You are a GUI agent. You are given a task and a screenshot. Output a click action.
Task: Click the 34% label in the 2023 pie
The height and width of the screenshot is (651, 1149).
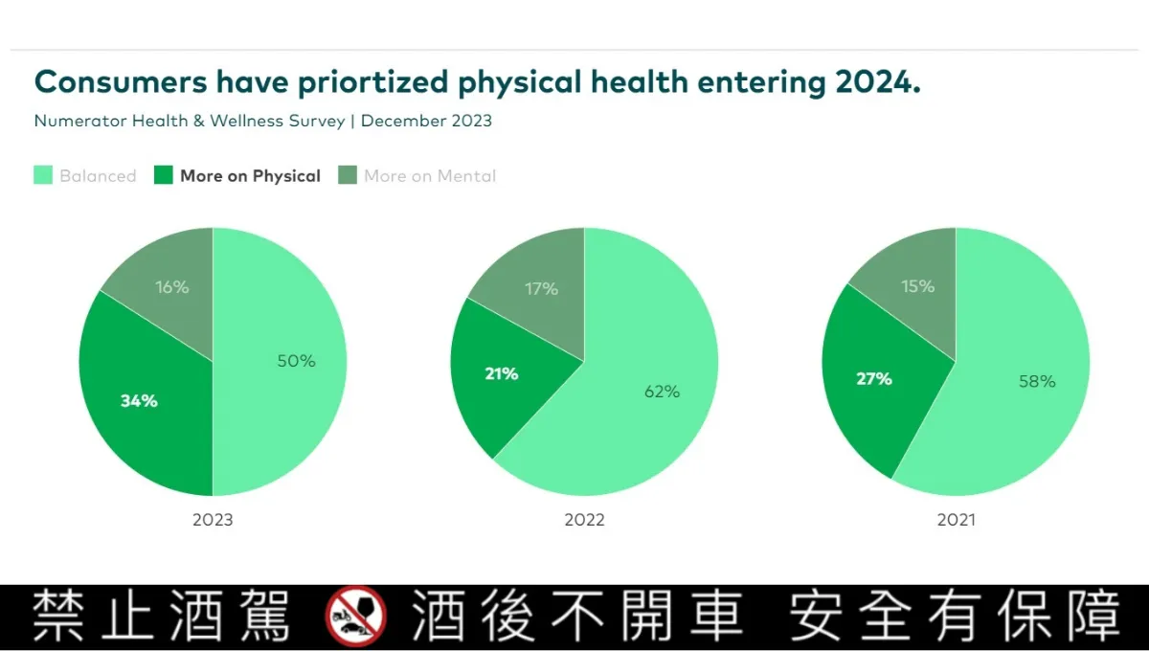point(139,401)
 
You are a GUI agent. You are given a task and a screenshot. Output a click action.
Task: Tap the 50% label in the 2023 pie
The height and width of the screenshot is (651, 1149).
point(296,361)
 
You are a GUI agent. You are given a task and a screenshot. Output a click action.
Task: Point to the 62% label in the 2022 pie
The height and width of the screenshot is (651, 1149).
point(661,392)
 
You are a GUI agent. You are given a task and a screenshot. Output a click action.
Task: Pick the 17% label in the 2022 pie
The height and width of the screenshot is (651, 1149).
point(541,288)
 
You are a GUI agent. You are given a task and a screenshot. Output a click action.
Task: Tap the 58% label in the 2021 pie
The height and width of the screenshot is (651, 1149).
point(1037,381)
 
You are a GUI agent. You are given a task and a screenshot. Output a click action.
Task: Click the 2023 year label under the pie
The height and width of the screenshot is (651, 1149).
point(213,520)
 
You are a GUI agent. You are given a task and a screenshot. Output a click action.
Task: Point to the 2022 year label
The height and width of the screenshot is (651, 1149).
point(584,520)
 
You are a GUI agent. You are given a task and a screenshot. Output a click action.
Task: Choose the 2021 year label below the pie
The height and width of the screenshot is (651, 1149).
point(956,520)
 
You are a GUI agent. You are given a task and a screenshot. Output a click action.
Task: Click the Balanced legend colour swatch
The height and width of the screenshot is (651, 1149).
point(43,175)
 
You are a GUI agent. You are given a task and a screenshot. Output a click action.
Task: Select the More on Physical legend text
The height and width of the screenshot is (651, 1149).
point(250,175)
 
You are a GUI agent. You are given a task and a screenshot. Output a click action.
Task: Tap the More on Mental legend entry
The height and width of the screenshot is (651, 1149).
point(429,175)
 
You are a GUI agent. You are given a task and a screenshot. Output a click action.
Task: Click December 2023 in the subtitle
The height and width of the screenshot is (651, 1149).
point(426,121)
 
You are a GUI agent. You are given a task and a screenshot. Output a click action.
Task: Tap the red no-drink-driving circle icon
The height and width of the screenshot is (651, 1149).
point(355,616)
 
